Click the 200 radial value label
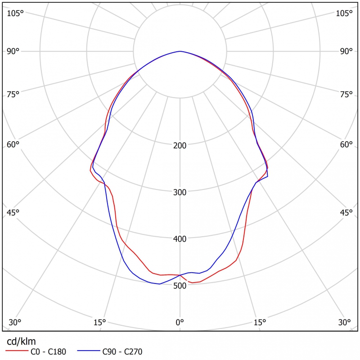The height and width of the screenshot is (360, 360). tap(180, 146)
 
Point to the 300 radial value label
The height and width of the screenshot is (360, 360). tap(180, 192)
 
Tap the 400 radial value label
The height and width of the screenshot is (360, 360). tap(180, 238)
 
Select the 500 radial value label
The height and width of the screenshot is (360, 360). tap(180, 285)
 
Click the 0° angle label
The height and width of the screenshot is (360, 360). tap(180, 322)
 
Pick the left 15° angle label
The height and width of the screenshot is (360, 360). tap(99, 322)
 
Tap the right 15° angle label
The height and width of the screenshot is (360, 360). tap(260, 322)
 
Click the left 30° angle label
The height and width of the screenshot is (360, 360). tap(15, 322)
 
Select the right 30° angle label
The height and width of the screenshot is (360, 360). tap(345, 322)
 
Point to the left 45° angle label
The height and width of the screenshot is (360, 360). tap(13, 212)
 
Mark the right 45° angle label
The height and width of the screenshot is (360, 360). tap(346, 212)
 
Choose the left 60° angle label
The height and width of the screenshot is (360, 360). tap(13, 144)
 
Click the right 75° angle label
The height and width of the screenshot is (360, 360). tap(346, 94)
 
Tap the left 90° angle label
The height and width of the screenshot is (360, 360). tap(13, 51)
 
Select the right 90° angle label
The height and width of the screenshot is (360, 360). tap(346, 51)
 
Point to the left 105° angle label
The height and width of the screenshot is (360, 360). tap(15, 13)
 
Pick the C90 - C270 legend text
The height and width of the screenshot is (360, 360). tap(122, 351)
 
